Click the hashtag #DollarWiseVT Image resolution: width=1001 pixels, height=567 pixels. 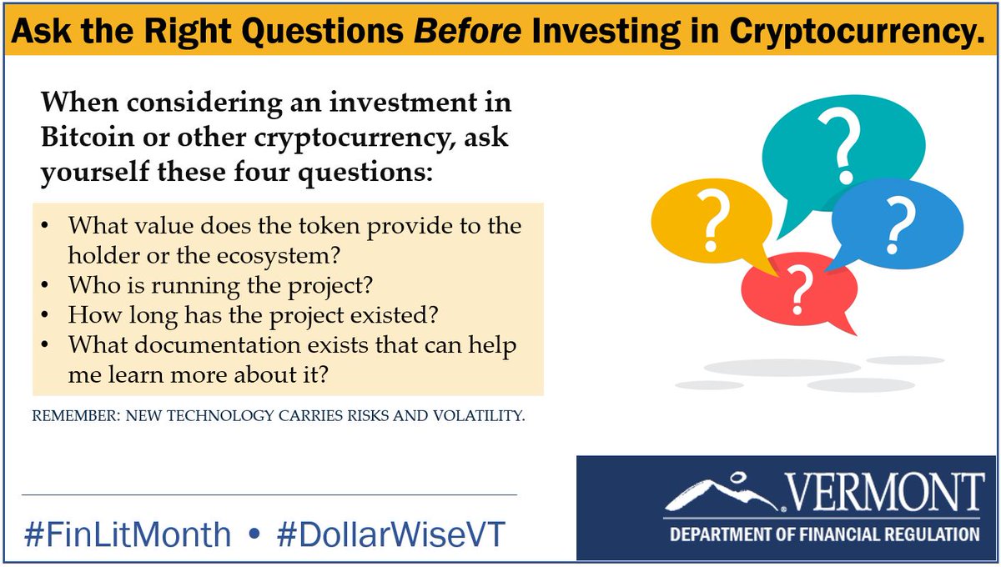click(390, 534)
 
